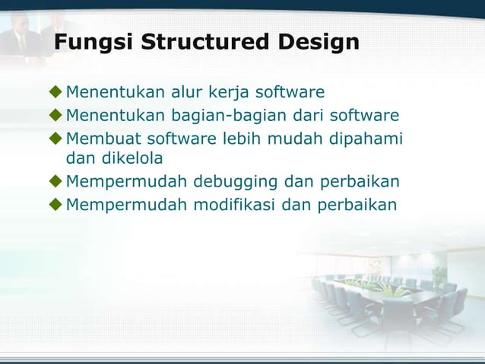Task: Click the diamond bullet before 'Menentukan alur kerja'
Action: pyautogui.click(x=55, y=93)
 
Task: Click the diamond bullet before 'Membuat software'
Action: pyautogui.click(x=55, y=139)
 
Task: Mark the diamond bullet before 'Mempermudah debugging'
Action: pyautogui.click(x=55, y=181)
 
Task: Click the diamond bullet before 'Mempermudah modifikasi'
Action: pyautogui.click(x=55, y=204)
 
